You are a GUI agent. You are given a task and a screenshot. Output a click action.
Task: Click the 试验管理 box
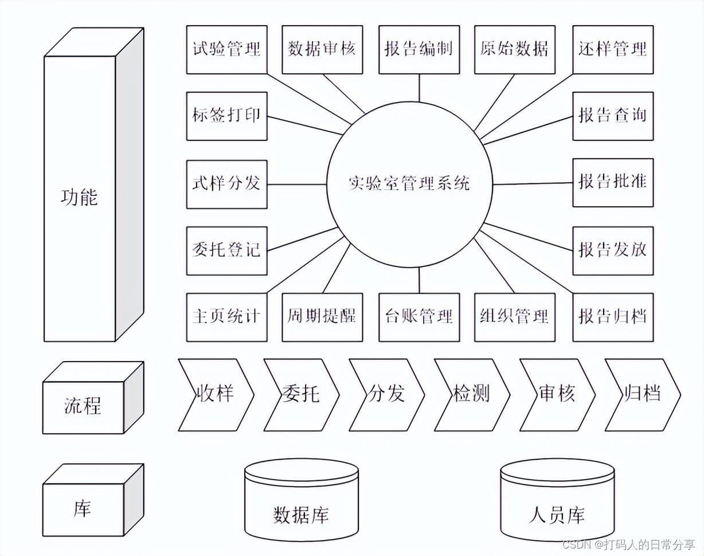pyautogui.click(x=226, y=49)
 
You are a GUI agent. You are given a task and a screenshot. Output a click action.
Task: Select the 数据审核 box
pyautogui.click(x=322, y=49)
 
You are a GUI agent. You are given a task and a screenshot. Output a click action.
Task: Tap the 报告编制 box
pyautogui.click(x=419, y=49)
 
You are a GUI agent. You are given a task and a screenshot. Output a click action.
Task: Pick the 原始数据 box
pyautogui.click(x=515, y=49)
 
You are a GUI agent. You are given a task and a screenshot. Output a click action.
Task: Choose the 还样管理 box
pyautogui.click(x=613, y=49)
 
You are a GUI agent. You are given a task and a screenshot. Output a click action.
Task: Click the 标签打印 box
pyautogui.click(x=226, y=116)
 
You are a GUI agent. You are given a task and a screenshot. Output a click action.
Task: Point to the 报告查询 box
pyautogui.click(x=613, y=116)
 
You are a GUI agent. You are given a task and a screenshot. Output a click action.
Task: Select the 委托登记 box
pyautogui.click(x=226, y=250)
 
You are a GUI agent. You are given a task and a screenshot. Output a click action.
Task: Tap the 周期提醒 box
pyautogui.click(x=322, y=317)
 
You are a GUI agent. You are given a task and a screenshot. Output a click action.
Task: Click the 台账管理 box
pyautogui.click(x=419, y=317)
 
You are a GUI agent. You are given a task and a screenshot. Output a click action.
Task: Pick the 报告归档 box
pyautogui.click(x=613, y=317)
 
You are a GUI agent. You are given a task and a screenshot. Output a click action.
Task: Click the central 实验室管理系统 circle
pyautogui.click(x=409, y=184)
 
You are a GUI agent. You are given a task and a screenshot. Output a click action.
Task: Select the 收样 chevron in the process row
pyautogui.click(x=216, y=394)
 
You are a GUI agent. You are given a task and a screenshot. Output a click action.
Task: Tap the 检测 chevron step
pyautogui.click(x=471, y=394)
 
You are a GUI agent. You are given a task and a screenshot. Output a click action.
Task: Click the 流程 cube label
pyautogui.click(x=83, y=406)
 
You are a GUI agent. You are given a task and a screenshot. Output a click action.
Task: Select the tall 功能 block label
pyautogui.click(x=80, y=198)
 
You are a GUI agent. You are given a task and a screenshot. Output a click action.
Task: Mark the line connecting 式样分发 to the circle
pyautogui.click(x=296, y=184)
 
